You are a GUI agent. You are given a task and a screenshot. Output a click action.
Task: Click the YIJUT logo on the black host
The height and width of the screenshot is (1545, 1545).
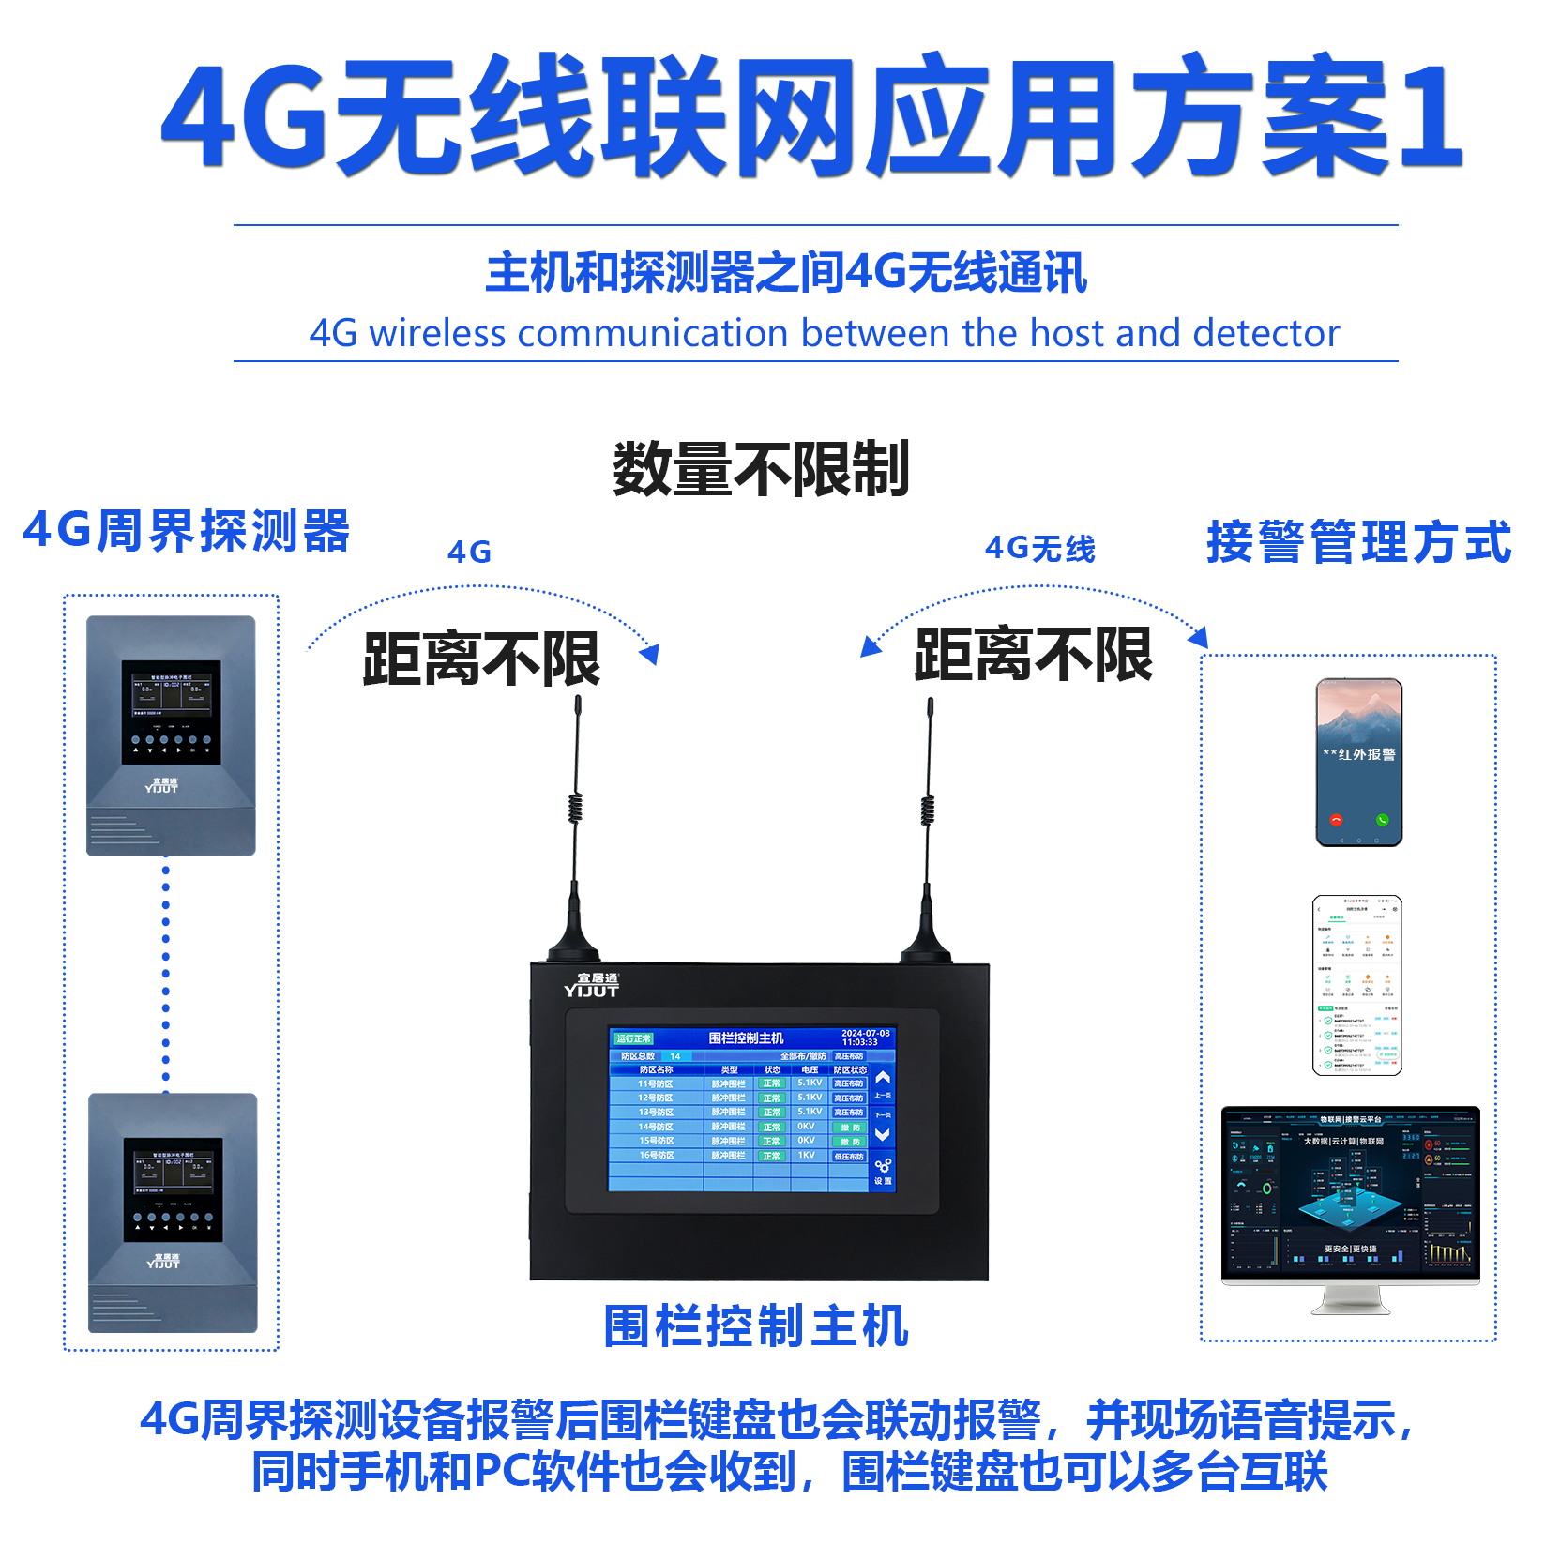click(x=592, y=985)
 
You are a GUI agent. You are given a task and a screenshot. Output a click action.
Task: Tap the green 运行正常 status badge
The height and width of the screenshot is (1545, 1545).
click(x=634, y=1038)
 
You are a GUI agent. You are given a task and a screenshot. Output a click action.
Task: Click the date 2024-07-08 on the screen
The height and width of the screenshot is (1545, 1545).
click(x=865, y=1033)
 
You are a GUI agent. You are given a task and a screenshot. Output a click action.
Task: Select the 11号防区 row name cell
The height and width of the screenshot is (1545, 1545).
click(x=656, y=1083)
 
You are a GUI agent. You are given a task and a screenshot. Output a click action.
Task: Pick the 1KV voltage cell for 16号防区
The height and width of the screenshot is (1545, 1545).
click(x=807, y=1155)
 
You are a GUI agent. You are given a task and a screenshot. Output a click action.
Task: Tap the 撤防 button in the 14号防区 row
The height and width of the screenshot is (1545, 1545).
click(x=850, y=1128)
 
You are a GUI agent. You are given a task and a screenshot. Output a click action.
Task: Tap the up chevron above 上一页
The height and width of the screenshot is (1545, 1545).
click(x=883, y=1079)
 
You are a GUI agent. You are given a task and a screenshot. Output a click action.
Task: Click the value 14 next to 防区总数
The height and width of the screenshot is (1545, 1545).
click(x=675, y=1056)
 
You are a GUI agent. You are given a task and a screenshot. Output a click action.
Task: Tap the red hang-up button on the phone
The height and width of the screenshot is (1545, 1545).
click(x=1336, y=819)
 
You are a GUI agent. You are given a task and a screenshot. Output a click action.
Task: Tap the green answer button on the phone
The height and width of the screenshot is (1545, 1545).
click(x=1382, y=819)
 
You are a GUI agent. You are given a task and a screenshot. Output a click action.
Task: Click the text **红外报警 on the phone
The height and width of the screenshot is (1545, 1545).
click(x=1359, y=754)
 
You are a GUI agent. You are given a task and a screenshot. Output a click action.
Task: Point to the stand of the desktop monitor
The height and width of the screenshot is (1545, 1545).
click(x=1350, y=1298)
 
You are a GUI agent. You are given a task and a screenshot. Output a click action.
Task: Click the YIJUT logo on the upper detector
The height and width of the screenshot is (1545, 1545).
click(x=161, y=786)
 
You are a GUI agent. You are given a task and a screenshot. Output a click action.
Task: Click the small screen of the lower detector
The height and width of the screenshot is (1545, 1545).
click(x=173, y=1174)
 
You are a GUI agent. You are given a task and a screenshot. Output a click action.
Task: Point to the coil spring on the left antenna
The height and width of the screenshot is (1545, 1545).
click(x=576, y=808)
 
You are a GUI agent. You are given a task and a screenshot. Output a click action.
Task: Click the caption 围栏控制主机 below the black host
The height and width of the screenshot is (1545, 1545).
click(x=756, y=1326)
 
